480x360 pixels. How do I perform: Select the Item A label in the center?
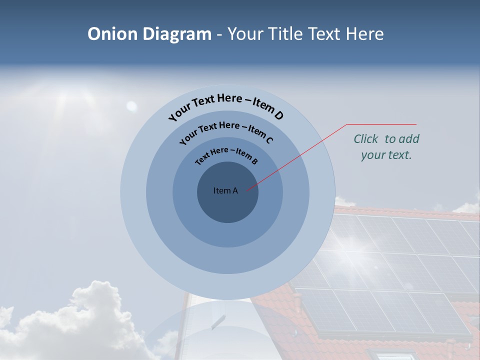[225, 190]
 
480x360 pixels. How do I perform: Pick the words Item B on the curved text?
[246, 156]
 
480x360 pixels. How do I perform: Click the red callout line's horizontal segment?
[381, 124]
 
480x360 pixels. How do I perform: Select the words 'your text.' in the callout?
[386, 155]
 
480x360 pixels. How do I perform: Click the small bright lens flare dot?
[131, 105]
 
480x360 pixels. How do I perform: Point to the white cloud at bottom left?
[75, 320]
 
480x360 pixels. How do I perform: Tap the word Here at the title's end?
[363, 34]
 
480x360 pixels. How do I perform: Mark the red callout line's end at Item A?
[247, 189]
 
